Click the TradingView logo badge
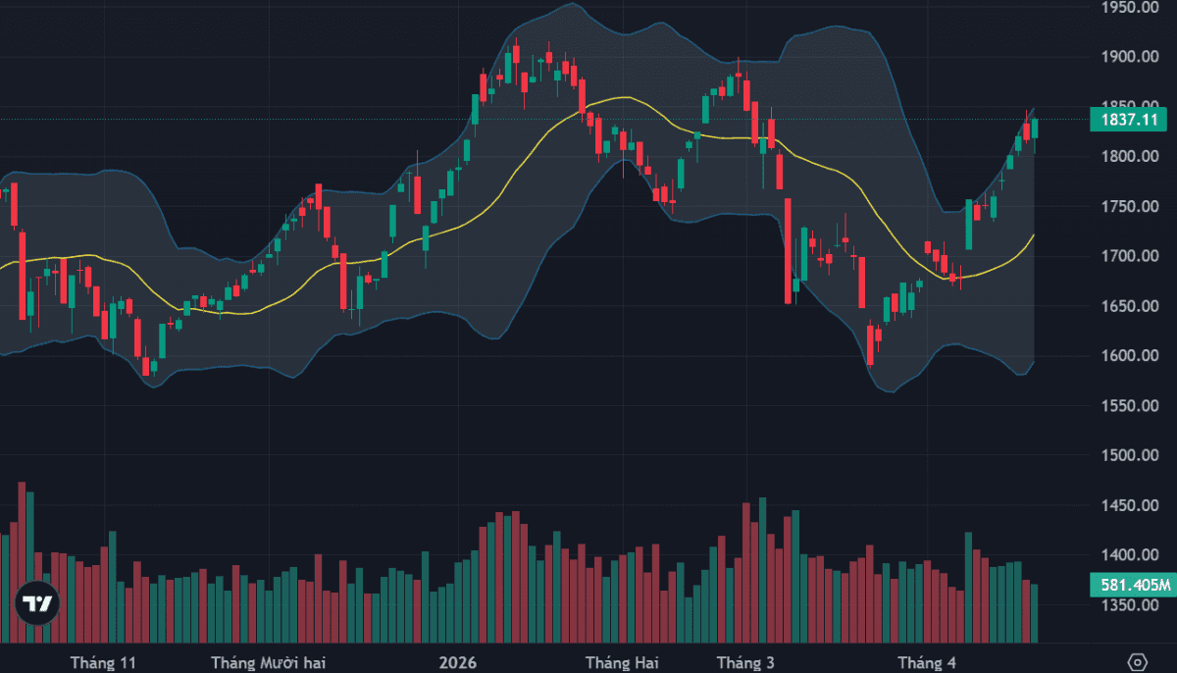click(x=37, y=603)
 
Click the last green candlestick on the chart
click(x=1034, y=128)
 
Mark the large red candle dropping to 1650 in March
click(x=788, y=250)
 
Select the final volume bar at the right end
click(x=1034, y=613)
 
